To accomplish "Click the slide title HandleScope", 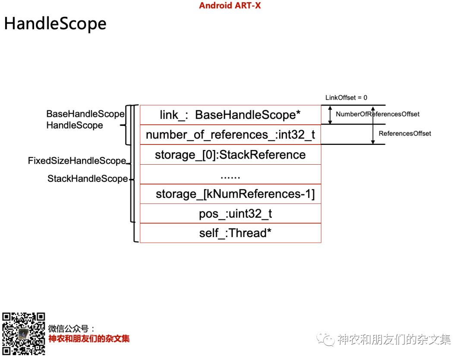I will tap(55, 23).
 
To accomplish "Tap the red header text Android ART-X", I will tap(230, 6).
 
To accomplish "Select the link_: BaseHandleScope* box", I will tap(230, 115).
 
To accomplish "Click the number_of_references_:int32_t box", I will tap(230, 135).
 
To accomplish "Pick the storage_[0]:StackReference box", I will tap(230, 154).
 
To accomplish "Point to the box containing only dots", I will tap(230, 174).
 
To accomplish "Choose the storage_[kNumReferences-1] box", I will tap(230, 194).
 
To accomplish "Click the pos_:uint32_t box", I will tap(230, 213).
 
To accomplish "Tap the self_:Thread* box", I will tap(230, 233).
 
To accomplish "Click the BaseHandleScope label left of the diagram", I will tap(85, 114).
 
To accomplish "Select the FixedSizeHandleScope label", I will tap(77, 161).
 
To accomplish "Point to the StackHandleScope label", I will tap(88, 178).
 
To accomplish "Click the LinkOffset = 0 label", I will tap(346, 98).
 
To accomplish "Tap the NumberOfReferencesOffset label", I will tap(378, 114).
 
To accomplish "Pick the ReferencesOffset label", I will tap(405, 134).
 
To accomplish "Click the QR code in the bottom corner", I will tap(24, 333).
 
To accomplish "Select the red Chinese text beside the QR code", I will tap(89, 339).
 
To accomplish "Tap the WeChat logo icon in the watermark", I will tap(326, 339).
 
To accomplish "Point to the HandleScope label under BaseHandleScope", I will tap(75, 125).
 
